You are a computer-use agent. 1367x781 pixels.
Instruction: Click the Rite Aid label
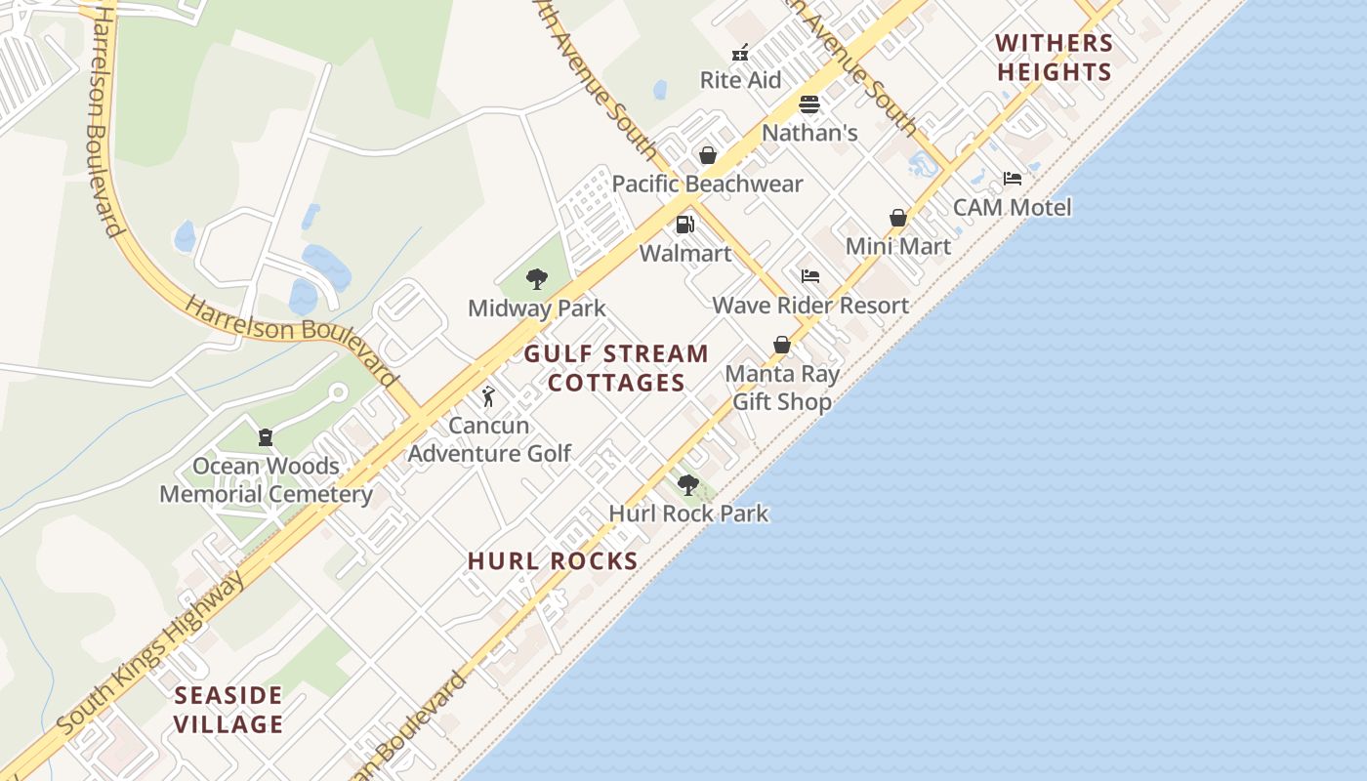740,80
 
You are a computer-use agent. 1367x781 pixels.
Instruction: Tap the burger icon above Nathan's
809,104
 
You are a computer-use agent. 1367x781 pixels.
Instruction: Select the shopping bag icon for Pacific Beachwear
708,155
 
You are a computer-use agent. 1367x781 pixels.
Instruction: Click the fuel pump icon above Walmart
685,225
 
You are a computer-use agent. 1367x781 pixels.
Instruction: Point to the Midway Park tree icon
536,279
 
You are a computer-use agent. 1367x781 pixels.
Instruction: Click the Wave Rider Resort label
810,306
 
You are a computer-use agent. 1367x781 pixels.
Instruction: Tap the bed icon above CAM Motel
1013,179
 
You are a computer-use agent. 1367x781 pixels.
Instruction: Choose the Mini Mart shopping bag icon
898,218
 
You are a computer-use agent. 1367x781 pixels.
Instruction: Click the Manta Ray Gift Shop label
782,388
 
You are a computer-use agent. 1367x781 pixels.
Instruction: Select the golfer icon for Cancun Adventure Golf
488,396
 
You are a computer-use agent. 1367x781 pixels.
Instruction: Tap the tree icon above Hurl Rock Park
688,484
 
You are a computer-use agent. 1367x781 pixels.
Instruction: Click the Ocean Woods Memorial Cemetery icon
265,436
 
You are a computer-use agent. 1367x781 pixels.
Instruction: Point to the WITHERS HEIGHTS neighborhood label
1055,58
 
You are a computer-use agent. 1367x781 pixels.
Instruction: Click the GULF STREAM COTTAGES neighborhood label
616,368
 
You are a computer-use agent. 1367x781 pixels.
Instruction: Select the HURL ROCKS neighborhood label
553,561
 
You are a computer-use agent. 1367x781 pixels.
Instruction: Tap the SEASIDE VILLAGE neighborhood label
228,710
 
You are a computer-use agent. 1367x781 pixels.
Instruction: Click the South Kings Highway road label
151,654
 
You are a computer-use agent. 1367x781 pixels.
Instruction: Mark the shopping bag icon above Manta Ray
782,345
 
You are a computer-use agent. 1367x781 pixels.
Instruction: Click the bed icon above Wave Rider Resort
810,276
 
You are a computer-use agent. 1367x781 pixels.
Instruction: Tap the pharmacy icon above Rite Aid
740,52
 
